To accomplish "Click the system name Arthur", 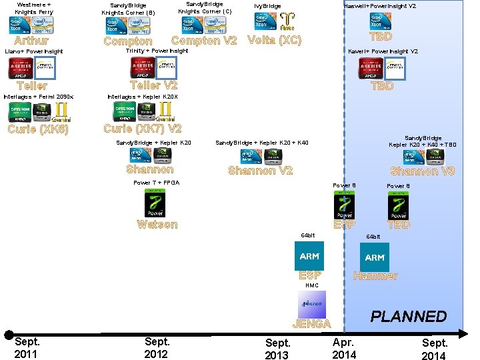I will tap(31, 41).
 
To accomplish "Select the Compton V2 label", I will tap(204, 41).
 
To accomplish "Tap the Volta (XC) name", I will tap(274, 40).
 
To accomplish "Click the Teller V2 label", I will tap(154, 85).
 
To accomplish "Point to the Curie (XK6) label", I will tap(38, 129).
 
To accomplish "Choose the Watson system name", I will tap(157, 225).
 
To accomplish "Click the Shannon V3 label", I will tap(423, 171).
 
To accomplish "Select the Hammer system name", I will tap(375, 276).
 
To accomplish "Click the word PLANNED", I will tap(409, 316).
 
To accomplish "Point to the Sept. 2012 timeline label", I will tap(157, 347).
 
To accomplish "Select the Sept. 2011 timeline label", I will tap(27, 347).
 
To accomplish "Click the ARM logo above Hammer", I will tap(375, 257).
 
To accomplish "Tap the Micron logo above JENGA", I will tap(311, 303).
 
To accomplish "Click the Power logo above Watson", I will tap(155, 203).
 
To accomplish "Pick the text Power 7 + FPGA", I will tap(157, 183).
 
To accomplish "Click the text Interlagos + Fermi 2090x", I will tap(39, 97).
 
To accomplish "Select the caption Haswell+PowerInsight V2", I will tap(380, 6).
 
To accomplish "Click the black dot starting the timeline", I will tap(8, 335).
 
